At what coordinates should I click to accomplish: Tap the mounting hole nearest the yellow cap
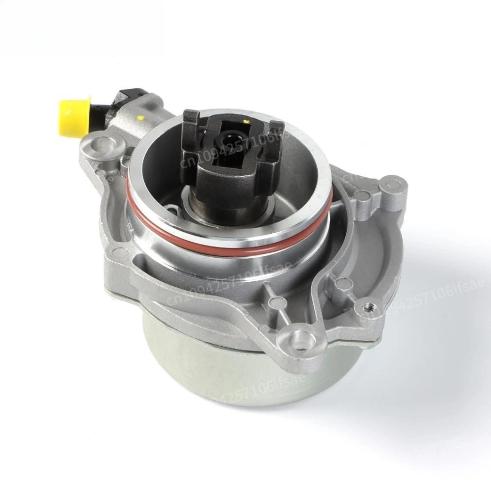[103, 145]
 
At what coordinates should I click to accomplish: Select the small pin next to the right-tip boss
[364, 196]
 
